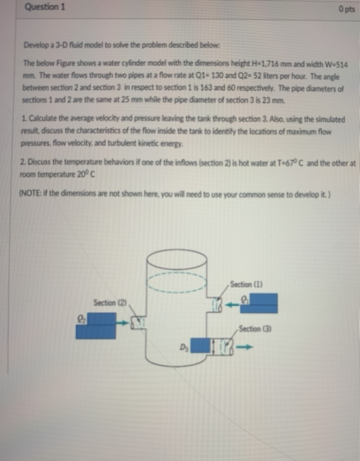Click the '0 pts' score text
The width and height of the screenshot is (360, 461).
tap(343, 9)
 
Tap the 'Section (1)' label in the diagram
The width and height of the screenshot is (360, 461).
tap(245, 284)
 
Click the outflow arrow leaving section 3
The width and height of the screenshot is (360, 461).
tap(246, 344)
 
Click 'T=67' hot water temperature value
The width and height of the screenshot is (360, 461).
tap(277, 161)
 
